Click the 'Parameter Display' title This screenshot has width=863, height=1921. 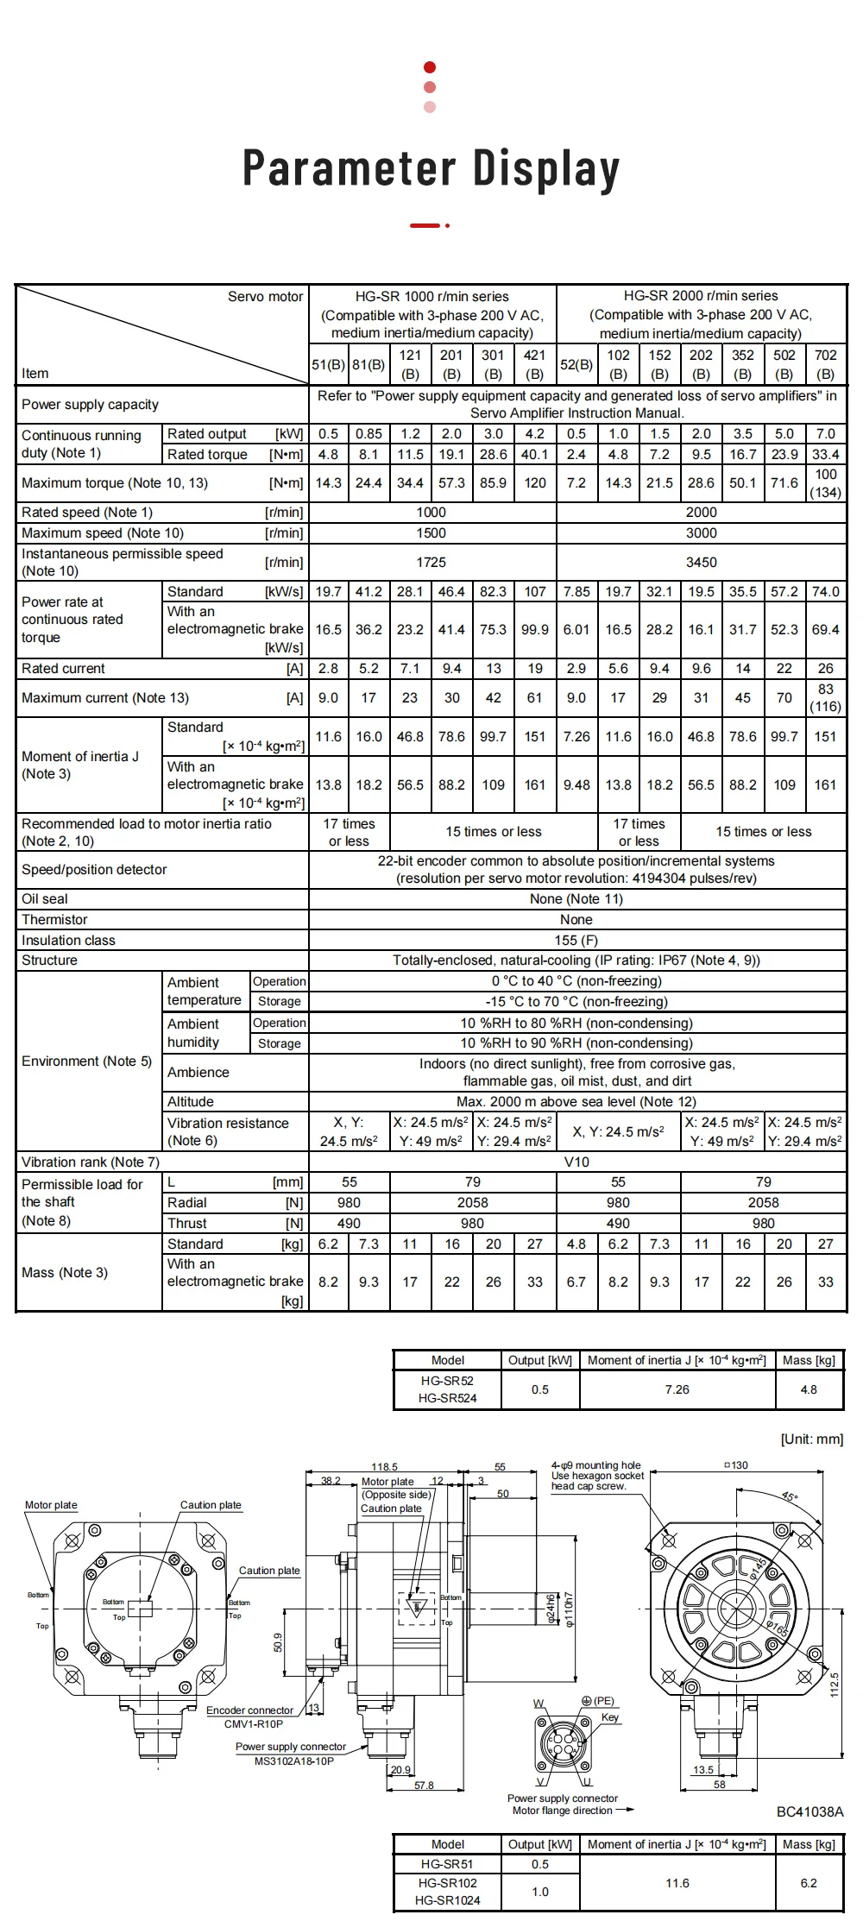[x=431, y=168]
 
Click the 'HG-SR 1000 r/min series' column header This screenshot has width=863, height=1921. [x=431, y=296]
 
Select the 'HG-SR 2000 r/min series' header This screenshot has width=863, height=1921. [x=701, y=296]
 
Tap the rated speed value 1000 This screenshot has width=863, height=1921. [x=431, y=513]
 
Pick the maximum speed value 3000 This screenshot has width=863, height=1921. [x=701, y=533]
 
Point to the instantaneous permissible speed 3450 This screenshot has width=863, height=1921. [x=701, y=563]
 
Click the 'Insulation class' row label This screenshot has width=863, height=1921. [x=68, y=941]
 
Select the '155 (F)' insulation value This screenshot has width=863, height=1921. [x=576, y=941]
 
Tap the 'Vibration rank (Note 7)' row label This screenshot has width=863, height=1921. [x=91, y=1162]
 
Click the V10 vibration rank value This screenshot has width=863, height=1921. [x=576, y=1162]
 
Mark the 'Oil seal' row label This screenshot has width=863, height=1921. [x=45, y=899]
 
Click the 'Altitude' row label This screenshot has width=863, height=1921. [x=191, y=1102]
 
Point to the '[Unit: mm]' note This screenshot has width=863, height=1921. [x=811, y=1439]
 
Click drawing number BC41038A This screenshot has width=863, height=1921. [x=809, y=1812]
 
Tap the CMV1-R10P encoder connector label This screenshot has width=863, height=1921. [x=254, y=1724]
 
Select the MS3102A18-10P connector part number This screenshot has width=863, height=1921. [x=293, y=1761]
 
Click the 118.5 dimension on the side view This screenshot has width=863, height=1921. [x=384, y=1467]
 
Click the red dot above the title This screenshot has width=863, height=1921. [x=430, y=67]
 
